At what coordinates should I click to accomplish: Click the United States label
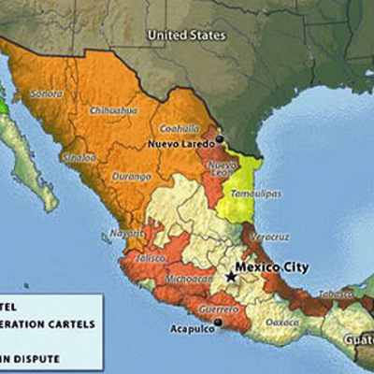click(x=186, y=36)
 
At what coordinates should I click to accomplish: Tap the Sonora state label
click(x=47, y=93)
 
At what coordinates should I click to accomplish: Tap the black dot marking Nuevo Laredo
click(x=219, y=139)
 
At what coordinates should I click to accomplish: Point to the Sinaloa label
click(x=79, y=157)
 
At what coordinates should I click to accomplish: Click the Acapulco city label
click(x=188, y=329)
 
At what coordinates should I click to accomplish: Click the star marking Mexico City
click(x=231, y=277)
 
